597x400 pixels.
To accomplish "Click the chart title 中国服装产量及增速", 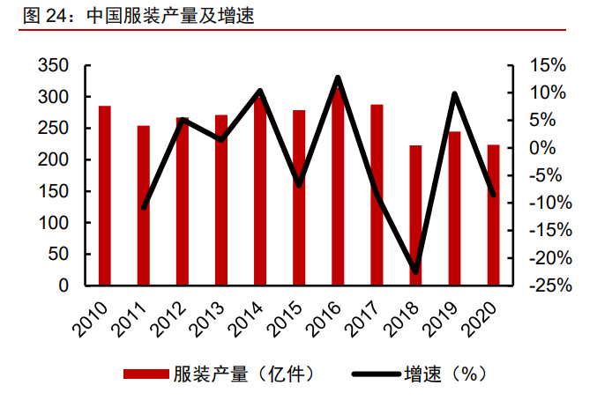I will click(x=171, y=17).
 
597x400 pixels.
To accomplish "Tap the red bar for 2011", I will click(x=144, y=205).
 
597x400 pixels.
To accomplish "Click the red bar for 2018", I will click(x=415, y=215).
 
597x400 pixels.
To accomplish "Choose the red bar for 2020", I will click(x=493, y=215).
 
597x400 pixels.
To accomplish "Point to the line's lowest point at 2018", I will click(x=415, y=270).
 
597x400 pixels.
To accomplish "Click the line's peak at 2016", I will click(x=338, y=78).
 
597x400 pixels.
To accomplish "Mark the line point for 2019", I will click(x=454, y=94).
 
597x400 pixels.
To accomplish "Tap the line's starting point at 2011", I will click(x=144, y=207).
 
